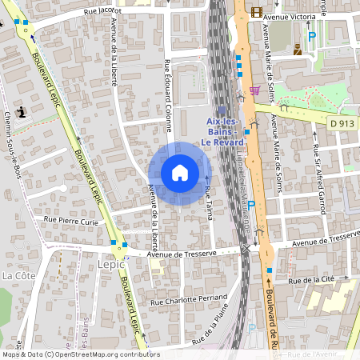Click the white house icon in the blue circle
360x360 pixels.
point(180,173)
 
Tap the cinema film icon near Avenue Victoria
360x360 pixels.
point(256,11)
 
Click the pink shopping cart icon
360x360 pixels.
point(254,90)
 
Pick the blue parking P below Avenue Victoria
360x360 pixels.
point(312,36)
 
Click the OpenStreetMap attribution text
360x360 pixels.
point(80,354)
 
